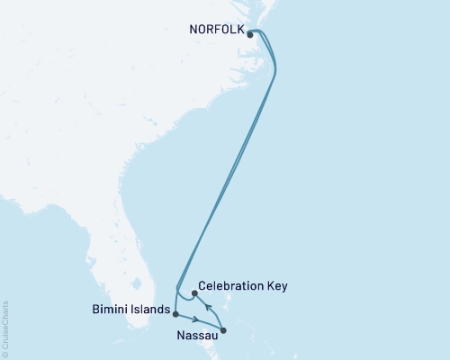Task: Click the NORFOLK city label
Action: tap(215, 28)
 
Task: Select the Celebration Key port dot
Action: tap(193, 293)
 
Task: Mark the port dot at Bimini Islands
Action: tap(175, 314)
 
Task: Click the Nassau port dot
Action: tap(223, 330)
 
